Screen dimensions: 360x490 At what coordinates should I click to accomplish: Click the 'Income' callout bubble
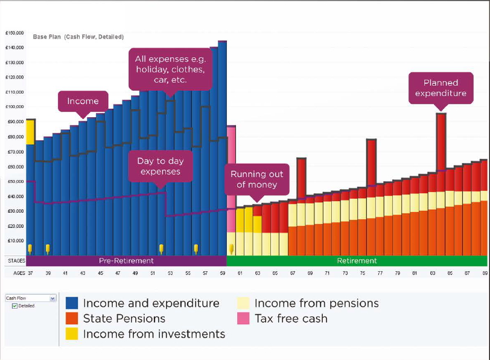click(83, 101)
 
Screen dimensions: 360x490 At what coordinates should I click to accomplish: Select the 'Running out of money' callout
click(256, 179)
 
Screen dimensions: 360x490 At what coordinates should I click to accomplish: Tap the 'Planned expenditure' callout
click(440, 88)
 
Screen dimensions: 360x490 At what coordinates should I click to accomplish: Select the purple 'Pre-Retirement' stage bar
click(126, 261)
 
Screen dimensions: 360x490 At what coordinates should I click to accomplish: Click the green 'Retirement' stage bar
click(356, 261)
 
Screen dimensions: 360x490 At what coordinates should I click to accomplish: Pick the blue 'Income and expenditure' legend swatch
click(71, 303)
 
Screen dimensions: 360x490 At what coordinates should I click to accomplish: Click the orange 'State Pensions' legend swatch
click(71, 318)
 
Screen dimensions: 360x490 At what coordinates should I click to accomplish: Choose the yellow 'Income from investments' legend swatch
click(71, 333)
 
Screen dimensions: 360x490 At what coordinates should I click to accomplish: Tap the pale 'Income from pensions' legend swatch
click(243, 303)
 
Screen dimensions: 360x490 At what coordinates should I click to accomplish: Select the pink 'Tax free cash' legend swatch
click(243, 318)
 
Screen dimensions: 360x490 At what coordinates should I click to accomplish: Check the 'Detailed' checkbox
click(15, 306)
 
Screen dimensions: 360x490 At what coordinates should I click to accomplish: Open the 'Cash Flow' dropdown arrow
click(52, 298)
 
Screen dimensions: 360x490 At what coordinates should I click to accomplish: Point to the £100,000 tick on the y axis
click(14, 107)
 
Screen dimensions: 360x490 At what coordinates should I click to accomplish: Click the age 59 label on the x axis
click(223, 274)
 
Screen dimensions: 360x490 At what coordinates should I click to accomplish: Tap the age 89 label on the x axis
click(484, 274)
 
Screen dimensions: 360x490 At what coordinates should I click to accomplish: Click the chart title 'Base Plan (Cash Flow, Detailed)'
click(78, 37)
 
